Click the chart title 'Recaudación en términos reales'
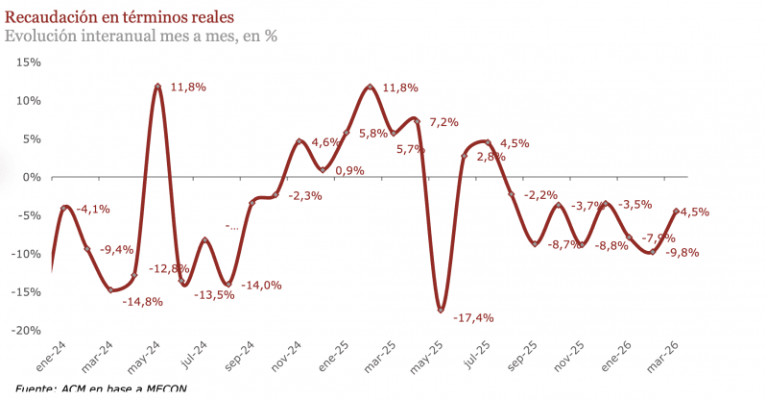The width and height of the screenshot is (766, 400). click(x=118, y=16)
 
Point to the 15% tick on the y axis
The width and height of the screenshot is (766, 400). click(x=29, y=62)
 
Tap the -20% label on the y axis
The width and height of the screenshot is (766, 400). click(x=27, y=330)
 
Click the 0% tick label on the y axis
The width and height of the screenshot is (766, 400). click(x=33, y=177)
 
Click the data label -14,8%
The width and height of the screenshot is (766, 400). click(x=142, y=302)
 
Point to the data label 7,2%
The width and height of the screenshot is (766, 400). click(x=443, y=122)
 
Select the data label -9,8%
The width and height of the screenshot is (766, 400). click(x=682, y=253)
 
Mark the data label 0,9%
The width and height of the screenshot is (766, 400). click(x=349, y=171)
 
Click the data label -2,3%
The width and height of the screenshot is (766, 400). click(x=305, y=196)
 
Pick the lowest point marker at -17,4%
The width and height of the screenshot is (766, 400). click(x=441, y=310)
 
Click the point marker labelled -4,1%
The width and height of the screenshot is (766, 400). click(x=64, y=208)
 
